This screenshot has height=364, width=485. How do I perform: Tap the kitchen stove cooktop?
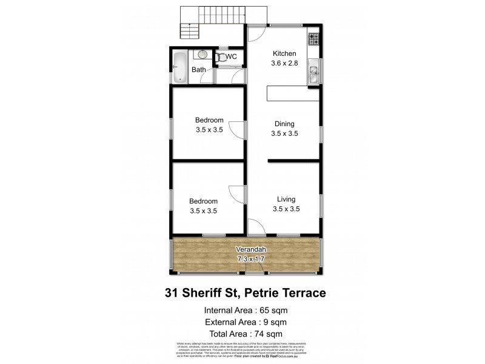pyautogui.click(x=314, y=40)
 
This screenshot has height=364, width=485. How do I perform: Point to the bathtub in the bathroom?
pyautogui.click(x=180, y=67)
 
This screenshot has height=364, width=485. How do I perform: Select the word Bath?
pyautogui.click(x=198, y=70)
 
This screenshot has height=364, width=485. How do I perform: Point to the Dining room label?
pyautogui.click(x=285, y=123)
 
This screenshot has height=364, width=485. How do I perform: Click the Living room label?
pyautogui.click(x=286, y=199)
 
